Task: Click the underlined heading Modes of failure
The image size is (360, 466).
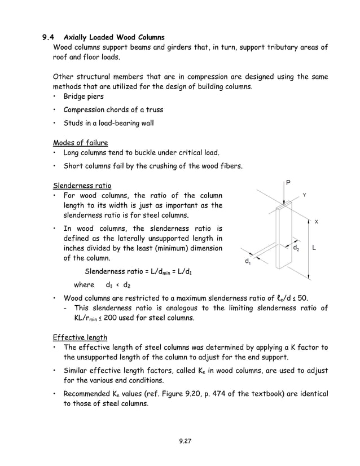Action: click(x=80, y=142)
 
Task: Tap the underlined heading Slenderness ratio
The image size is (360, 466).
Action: click(x=82, y=185)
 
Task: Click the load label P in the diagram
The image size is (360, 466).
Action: click(x=288, y=183)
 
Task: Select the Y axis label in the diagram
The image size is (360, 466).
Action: click(x=304, y=195)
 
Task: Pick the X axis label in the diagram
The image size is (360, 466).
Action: click(x=316, y=222)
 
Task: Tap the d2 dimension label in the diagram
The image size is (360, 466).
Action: click(x=296, y=248)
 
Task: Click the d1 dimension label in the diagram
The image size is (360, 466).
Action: click(x=248, y=261)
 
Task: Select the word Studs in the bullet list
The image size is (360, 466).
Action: click(x=74, y=123)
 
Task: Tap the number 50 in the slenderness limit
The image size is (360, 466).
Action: click(x=302, y=298)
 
